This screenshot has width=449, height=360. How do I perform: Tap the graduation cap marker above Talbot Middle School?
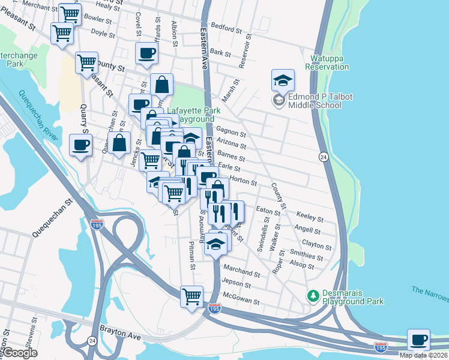tap(283, 81)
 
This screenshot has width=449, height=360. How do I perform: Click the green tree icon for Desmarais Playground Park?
tap(312, 295)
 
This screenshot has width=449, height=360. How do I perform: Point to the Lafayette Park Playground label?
tap(194, 115)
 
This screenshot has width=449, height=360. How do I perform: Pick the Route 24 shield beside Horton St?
tap(323, 157)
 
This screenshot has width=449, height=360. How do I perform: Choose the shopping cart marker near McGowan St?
tap(192, 296)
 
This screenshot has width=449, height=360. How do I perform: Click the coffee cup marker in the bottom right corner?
tap(418, 340)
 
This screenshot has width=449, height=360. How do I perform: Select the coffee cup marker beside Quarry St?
tap(81, 145)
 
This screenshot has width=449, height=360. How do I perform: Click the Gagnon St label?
tap(231, 134)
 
